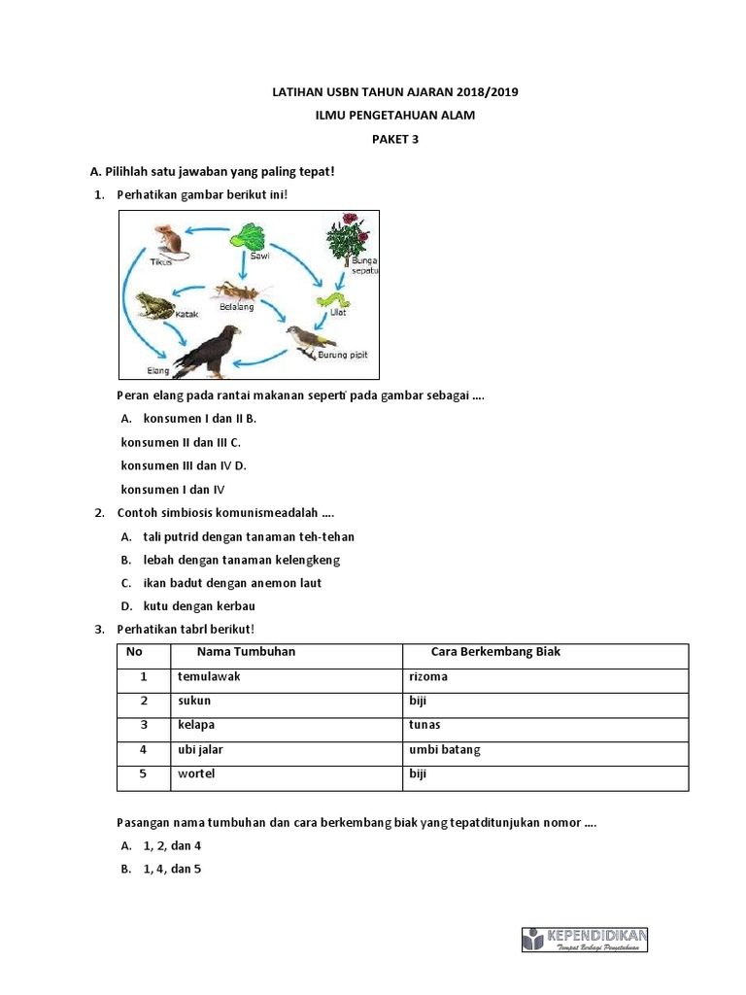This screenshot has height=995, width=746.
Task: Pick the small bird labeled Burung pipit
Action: [x=310, y=339]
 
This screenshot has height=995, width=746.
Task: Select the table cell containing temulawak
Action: [x=209, y=677]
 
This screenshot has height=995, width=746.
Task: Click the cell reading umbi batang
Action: [x=445, y=750]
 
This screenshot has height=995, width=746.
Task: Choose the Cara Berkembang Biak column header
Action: [x=495, y=652]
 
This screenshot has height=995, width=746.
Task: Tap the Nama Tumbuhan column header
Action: [x=246, y=652]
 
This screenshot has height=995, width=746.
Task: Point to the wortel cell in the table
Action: [x=196, y=774]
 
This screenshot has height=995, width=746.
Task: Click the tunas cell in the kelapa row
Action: [x=425, y=726]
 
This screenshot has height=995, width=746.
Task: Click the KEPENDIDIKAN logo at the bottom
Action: [x=585, y=939]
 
